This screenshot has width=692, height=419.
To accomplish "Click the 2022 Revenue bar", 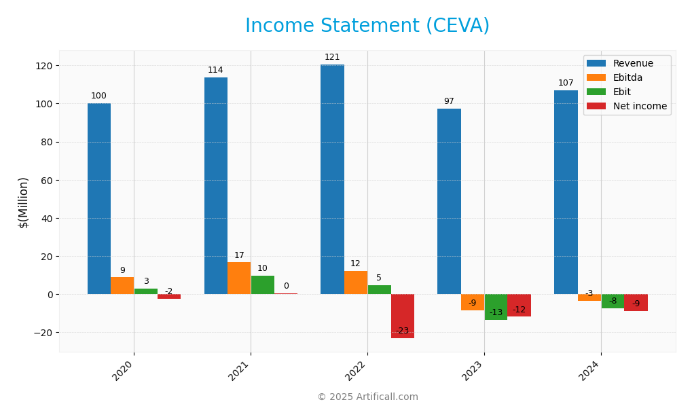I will coord(332,179).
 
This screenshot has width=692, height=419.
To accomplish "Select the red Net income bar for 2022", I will coord(403,316).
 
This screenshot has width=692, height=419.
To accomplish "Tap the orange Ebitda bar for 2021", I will coord(239,278).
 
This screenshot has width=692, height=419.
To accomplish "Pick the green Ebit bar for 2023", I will coord(496,307).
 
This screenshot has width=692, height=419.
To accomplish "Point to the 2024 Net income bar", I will coord(636,302).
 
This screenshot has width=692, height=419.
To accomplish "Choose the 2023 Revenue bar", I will coord(449,201).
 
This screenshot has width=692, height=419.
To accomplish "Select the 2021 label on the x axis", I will coord(240,371).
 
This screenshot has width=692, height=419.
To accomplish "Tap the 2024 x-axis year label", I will coord(590,371).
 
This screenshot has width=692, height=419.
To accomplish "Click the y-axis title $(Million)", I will coord(24,202).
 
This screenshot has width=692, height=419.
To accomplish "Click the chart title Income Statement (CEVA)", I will coord(367,26).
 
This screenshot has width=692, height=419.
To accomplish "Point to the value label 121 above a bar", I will coord(332,57).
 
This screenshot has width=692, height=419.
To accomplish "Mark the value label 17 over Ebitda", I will coord(239,255).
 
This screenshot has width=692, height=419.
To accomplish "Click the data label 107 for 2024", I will coord(566,83).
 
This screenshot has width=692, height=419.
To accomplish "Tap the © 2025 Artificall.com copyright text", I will coord(367,397).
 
